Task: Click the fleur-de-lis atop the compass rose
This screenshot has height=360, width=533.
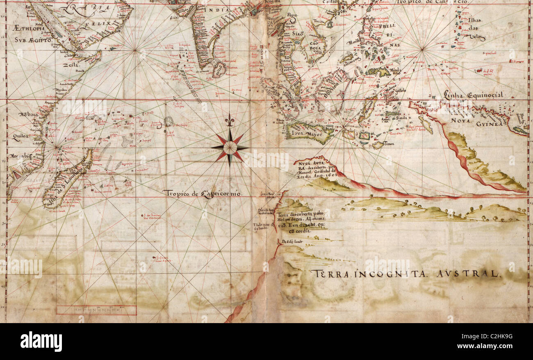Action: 230,121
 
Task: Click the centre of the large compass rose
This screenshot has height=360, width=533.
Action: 230,147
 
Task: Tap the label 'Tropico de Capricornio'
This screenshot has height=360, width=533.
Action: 202,193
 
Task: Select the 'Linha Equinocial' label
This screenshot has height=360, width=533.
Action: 473,95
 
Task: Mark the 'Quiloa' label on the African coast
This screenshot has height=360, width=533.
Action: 20,139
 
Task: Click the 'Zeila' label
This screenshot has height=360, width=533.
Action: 71,65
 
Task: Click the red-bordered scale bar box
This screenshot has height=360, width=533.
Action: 96,310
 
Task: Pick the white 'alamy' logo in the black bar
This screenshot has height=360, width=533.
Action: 41,342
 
